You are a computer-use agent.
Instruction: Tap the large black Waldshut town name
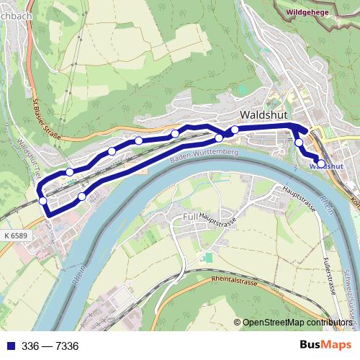266,114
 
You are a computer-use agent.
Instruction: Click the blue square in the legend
8,346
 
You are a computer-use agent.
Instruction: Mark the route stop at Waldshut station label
320,163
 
